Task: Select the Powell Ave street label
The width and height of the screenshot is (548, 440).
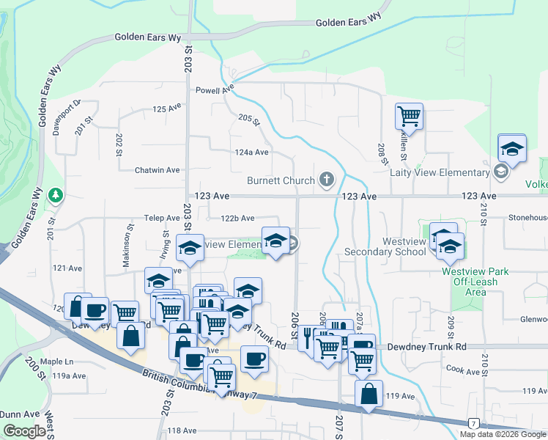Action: click(x=214, y=91)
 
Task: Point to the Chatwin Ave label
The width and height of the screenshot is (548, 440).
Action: click(x=157, y=170)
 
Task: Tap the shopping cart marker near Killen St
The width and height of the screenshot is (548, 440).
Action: click(x=409, y=115)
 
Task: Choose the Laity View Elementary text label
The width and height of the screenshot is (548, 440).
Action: click(x=440, y=172)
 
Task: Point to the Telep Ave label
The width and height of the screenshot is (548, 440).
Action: click(x=161, y=218)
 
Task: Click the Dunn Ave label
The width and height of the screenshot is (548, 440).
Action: click(x=15, y=414)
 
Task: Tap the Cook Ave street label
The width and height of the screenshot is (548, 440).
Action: click(x=462, y=372)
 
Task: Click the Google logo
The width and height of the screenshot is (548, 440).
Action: click(x=24, y=432)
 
